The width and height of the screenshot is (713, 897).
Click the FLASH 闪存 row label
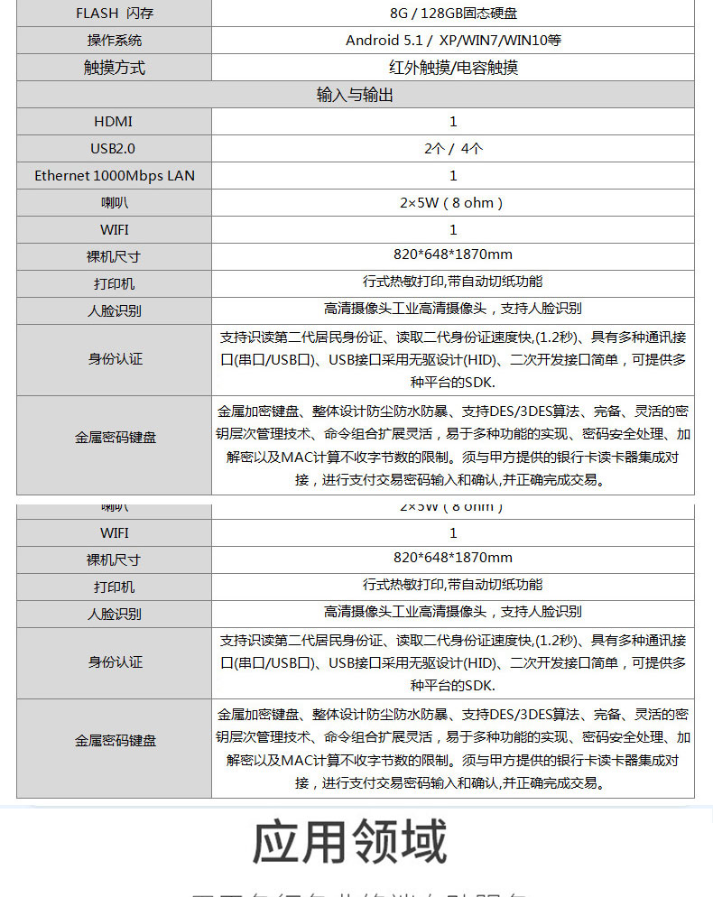[114, 13]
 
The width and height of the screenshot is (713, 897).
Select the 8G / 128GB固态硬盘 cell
[453, 13]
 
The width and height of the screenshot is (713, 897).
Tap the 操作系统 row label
[114, 41]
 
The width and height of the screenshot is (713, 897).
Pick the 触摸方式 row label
[114, 68]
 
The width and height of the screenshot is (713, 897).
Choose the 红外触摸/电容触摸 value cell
[453, 68]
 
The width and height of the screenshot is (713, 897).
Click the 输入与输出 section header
[355, 95]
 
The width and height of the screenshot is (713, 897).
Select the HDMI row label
[114, 122]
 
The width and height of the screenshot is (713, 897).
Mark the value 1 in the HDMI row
[453, 122]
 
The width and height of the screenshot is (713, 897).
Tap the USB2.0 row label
[114, 149]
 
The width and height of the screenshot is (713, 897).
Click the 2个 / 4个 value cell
[453, 149]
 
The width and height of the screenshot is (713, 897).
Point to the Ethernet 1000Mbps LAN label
[114, 176]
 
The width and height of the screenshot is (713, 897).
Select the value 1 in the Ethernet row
[453, 176]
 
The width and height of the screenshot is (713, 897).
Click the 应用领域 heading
[350, 842]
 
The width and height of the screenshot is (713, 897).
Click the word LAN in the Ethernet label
[181, 176]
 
